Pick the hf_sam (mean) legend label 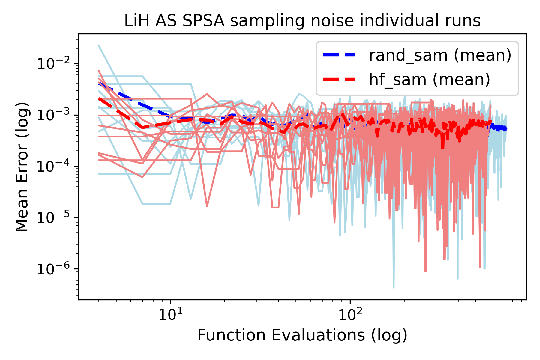[429, 79]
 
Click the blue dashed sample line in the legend [339, 55]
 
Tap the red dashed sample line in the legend [339, 79]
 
